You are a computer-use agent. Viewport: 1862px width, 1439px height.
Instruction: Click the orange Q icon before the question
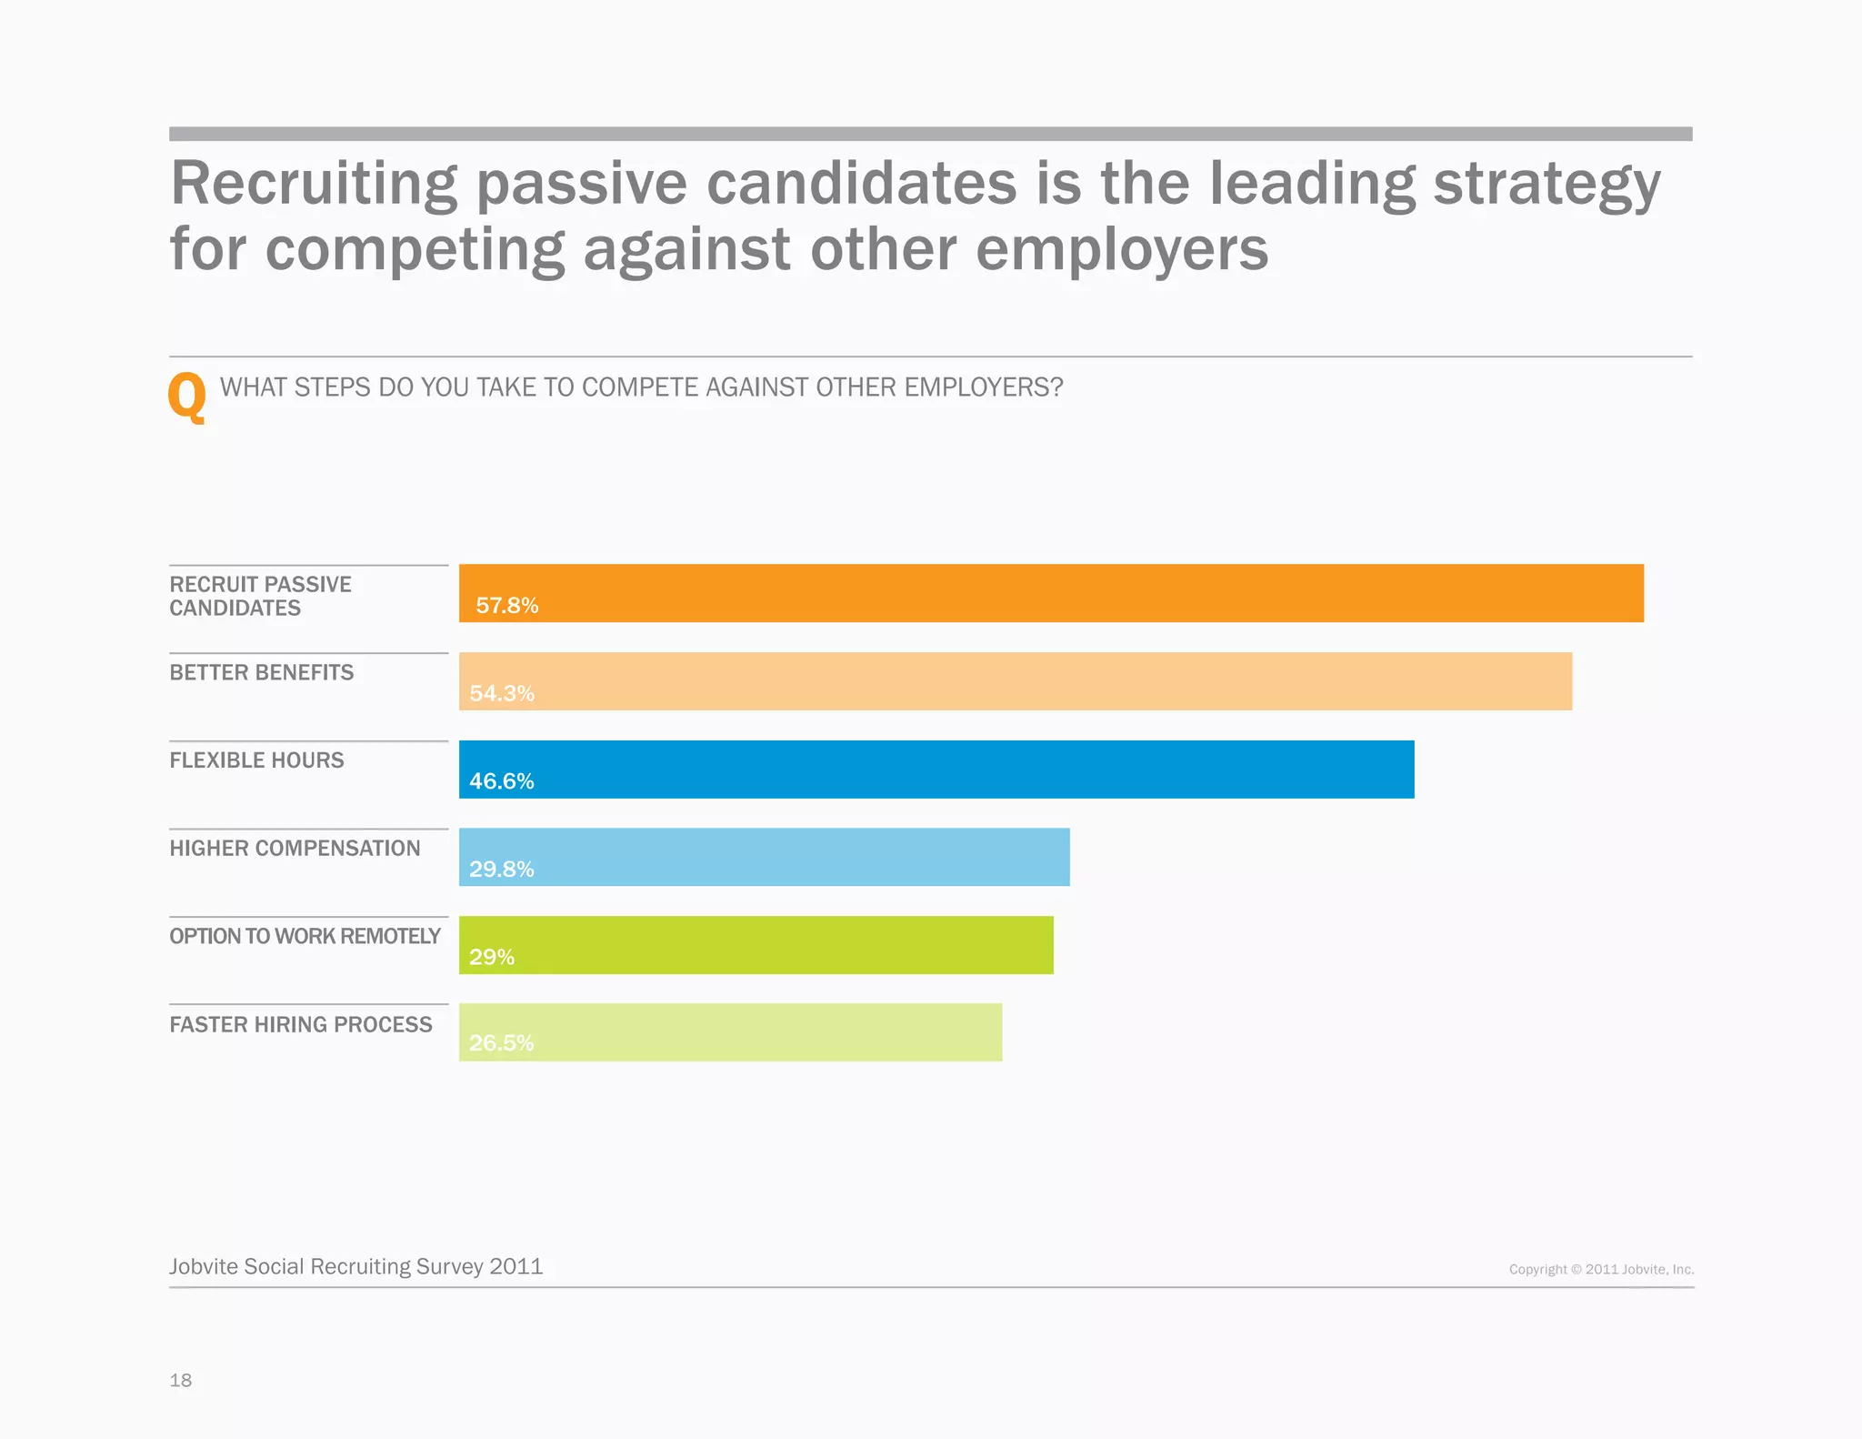click(x=187, y=397)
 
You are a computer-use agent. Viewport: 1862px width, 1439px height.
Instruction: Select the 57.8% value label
click(x=506, y=606)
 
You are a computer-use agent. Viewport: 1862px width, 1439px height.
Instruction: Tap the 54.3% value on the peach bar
click(x=501, y=693)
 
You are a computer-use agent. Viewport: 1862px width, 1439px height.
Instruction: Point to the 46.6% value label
click(x=501, y=781)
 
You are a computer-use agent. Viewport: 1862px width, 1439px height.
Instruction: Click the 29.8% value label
click(x=501, y=869)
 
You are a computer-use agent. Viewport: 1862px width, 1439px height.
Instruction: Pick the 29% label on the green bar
click(x=491, y=957)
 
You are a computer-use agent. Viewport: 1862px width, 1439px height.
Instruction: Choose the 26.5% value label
click(x=501, y=1042)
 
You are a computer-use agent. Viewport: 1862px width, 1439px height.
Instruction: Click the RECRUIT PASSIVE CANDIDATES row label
click(x=260, y=596)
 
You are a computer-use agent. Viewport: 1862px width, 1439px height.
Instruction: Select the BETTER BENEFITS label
click(x=261, y=672)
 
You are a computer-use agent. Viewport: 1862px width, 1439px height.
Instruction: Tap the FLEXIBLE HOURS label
click(x=256, y=760)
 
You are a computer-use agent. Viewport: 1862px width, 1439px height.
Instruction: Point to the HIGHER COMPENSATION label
click(x=295, y=848)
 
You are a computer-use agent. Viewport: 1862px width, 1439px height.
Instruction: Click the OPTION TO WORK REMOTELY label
click(x=305, y=936)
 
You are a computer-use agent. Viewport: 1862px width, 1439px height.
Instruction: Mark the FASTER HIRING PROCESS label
click(x=300, y=1024)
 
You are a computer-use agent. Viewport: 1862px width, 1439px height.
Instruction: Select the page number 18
click(x=180, y=1380)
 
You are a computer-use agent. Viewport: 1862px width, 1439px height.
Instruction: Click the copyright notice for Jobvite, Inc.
click(x=1601, y=1269)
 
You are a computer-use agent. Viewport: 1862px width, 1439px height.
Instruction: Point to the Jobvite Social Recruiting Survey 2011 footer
click(x=355, y=1266)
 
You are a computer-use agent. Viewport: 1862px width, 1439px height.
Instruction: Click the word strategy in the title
click(x=1547, y=185)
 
